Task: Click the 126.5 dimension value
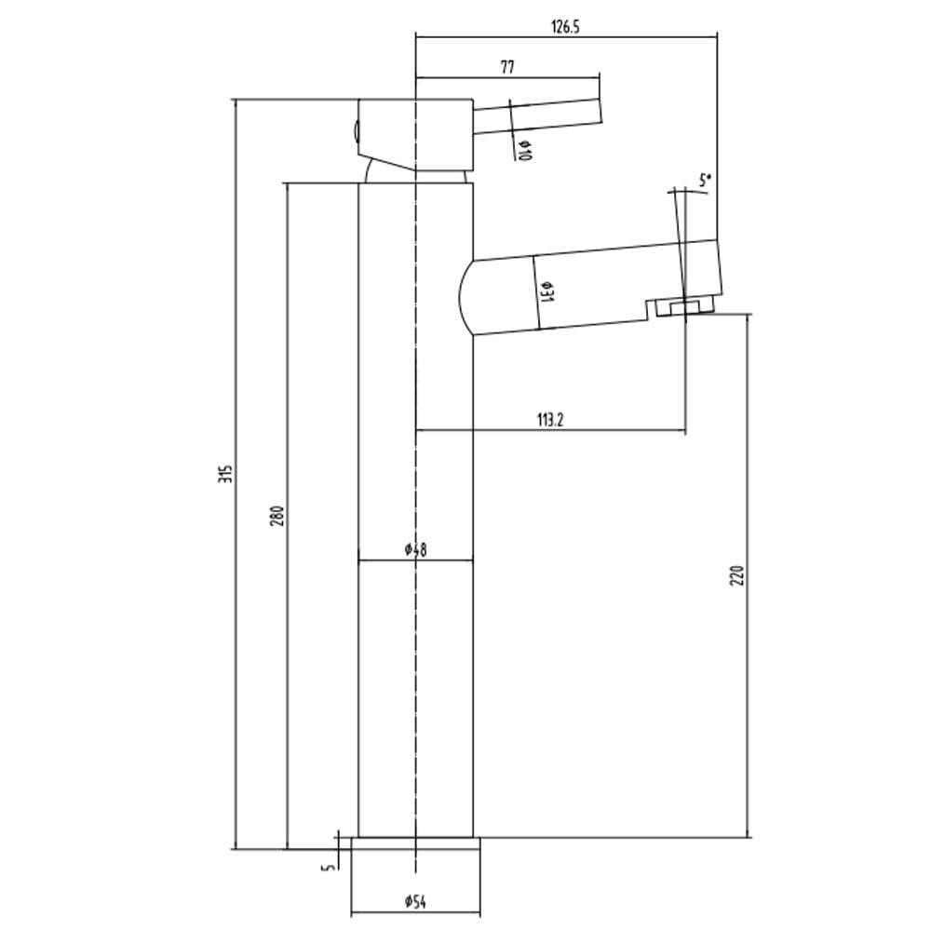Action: tap(565, 27)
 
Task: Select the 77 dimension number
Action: tap(507, 67)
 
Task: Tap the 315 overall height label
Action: tap(225, 473)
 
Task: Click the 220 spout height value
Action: tap(736, 575)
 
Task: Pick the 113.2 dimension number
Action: tap(550, 421)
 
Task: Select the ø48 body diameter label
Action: tap(415, 550)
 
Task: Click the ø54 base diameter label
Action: tap(415, 902)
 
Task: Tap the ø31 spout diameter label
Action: tap(546, 291)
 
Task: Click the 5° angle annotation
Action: tap(705, 181)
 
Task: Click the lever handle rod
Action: tap(538, 116)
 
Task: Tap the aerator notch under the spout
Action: tap(681, 307)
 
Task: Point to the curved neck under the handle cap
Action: tap(415, 175)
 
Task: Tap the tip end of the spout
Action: tap(719, 267)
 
